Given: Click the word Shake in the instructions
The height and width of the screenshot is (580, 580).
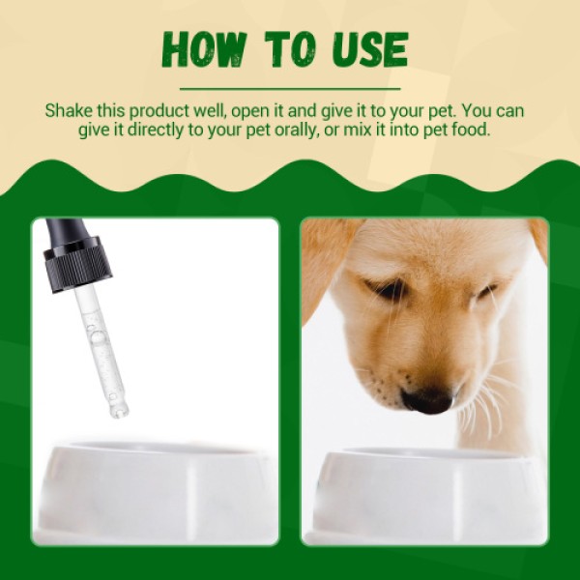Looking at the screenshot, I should [x=67, y=109].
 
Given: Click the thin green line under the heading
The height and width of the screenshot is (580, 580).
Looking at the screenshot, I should [x=290, y=88].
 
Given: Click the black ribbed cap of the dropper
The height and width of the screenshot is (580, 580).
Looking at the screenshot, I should [x=78, y=265].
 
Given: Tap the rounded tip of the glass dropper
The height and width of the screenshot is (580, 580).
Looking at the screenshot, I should [x=118, y=410].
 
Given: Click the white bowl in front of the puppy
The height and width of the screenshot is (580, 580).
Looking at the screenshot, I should [x=425, y=488].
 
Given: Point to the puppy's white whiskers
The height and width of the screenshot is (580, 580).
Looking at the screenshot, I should [x=488, y=396].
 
